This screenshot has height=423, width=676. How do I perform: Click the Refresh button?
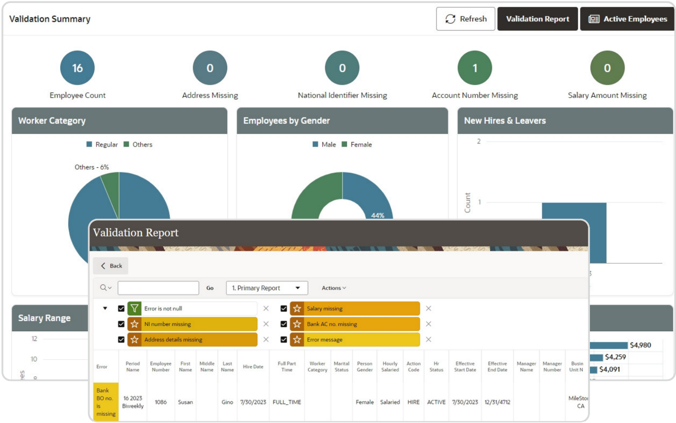point(466,19)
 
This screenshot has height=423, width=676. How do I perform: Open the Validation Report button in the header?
point(537,19)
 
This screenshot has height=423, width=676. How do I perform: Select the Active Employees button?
point(627,19)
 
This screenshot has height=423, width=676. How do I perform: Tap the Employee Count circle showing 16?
point(77,68)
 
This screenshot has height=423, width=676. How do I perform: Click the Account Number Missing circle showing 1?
point(475,68)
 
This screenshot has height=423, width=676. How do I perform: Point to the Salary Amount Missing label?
point(607,95)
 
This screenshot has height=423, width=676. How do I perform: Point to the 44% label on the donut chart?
point(377,215)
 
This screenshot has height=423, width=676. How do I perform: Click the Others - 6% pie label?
point(92,167)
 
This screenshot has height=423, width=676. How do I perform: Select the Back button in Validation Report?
point(111,266)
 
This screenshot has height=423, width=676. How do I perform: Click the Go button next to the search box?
point(210,288)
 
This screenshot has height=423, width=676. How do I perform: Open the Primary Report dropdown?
point(267,288)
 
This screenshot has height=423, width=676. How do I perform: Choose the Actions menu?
point(334,288)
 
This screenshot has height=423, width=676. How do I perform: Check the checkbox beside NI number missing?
point(121,324)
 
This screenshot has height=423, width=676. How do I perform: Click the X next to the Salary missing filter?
point(429,309)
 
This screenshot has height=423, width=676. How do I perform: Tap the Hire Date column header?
point(253,367)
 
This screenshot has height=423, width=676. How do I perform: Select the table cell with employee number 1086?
point(160,402)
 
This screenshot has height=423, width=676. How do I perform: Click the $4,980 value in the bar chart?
point(640,345)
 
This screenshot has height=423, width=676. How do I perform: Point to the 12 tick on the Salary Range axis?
point(34,339)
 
